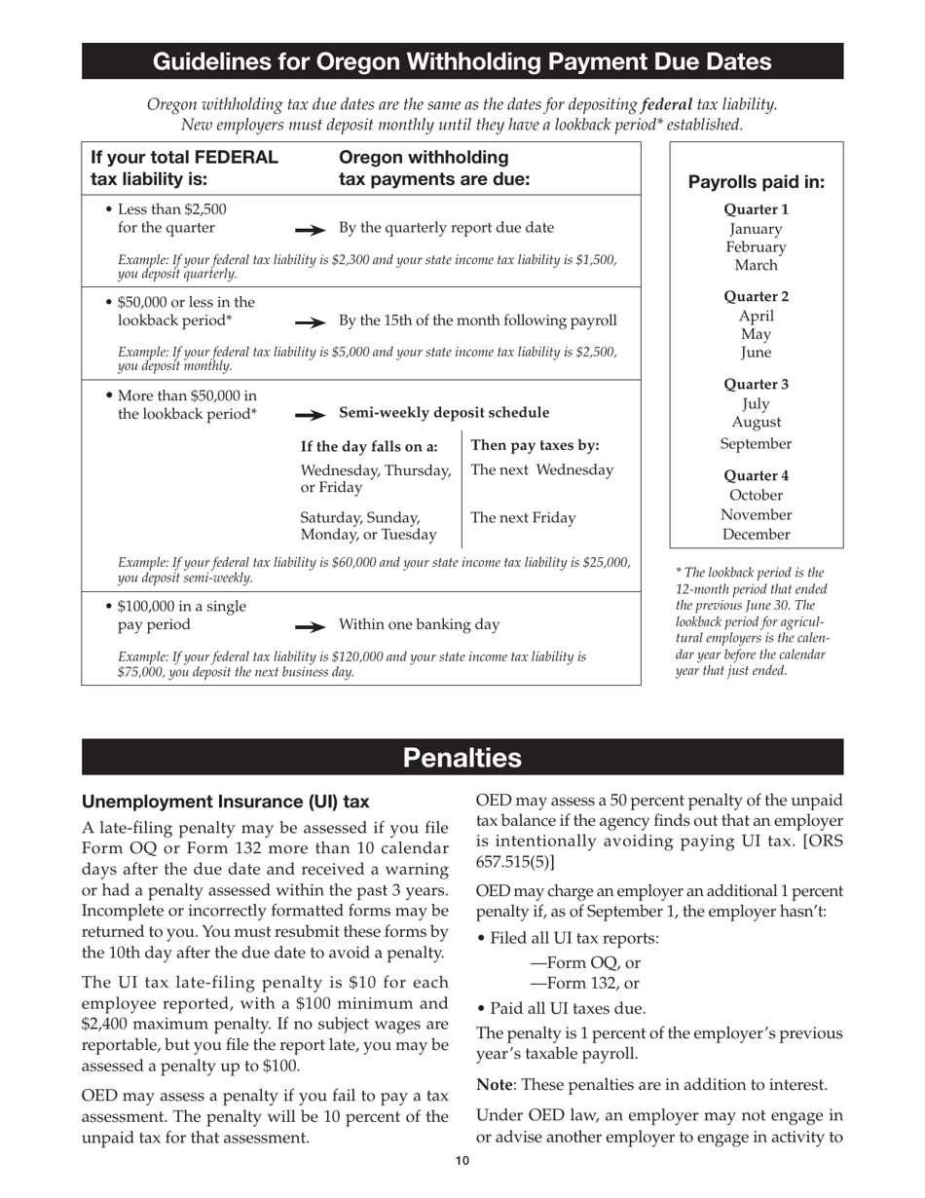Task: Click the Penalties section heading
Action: tap(462, 758)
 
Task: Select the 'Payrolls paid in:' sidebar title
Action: tap(756, 182)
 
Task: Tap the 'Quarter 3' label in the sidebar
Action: tap(756, 384)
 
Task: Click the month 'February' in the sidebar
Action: tap(756, 247)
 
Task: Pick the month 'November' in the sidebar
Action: tap(756, 514)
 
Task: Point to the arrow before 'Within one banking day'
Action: tap(311, 626)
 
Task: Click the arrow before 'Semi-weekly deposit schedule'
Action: tap(311, 414)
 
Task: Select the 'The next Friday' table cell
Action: tap(523, 518)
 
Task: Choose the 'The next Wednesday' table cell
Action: tap(542, 470)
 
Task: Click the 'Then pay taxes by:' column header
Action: tap(535, 446)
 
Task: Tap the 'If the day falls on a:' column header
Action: tap(369, 447)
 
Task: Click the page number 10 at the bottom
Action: tap(462, 1160)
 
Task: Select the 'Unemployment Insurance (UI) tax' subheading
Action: tap(225, 802)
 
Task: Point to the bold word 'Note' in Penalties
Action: tap(495, 1085)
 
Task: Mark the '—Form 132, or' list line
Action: tap(577, 983)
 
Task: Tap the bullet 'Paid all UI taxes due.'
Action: tap(566, 1008)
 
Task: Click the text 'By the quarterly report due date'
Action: tap(446, 228)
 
